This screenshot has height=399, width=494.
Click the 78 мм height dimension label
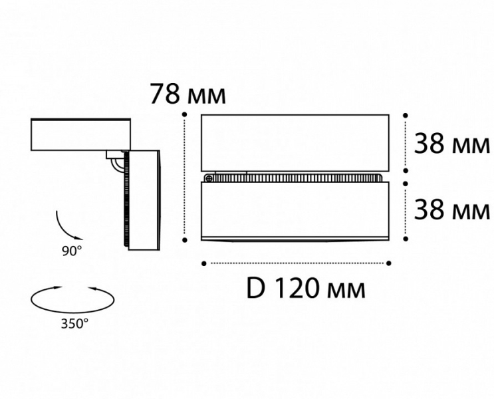click(x=187, y=94)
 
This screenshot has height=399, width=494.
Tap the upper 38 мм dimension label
click(x=452, y=144)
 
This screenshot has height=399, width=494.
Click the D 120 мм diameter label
click(x=306, y=289)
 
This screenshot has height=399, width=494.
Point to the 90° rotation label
click(x=72, y=251)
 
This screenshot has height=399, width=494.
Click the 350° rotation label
click(x=74, y=323)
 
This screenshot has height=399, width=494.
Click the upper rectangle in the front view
click(x=295, y=143)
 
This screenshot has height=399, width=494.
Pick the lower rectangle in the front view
click(x=295, y=211)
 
